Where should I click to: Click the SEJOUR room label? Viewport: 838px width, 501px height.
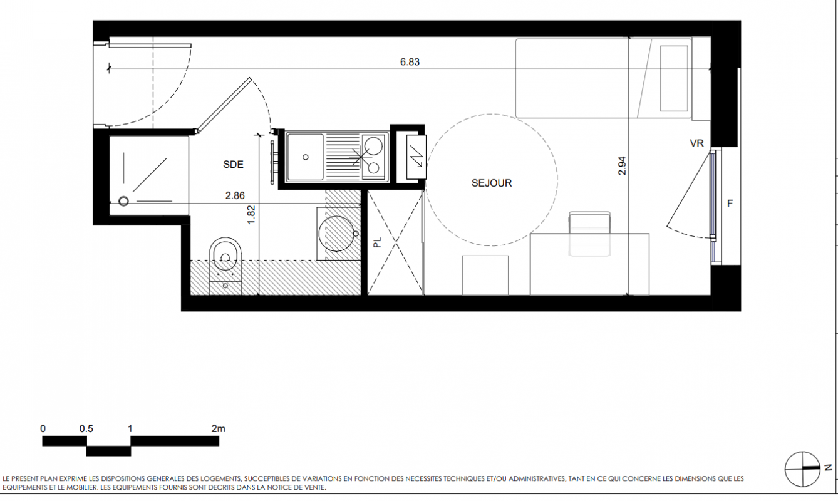click(492, 183)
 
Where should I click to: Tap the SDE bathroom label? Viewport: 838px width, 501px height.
click(233, 164)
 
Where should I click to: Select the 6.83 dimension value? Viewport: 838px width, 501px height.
click(410, 62)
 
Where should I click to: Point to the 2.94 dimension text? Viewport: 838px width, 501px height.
click(622, 166)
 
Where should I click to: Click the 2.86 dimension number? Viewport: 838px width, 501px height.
click(235, 195)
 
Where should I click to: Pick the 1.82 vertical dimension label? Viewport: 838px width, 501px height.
click(251, 215)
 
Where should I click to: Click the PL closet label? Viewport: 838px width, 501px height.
click(378, 242)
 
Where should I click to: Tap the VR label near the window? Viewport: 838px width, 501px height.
click(697, 143)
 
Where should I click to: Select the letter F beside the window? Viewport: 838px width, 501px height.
click(730, 204)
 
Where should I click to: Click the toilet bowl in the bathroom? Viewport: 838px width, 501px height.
click(225, 254)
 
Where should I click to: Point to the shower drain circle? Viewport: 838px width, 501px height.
click(123, 201)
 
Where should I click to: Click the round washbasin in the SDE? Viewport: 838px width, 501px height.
click(336, 234)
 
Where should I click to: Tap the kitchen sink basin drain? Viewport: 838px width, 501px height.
click(306, 157)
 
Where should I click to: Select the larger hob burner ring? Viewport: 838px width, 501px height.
click(373, 146)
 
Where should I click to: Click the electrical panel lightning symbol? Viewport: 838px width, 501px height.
click(416, 157)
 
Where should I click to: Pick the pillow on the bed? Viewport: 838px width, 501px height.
click(674, 78)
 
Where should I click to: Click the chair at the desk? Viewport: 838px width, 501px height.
click(589, 234)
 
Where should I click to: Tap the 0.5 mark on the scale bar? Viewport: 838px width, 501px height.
click(86, 429)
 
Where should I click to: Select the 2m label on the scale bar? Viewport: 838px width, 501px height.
click(219, 429)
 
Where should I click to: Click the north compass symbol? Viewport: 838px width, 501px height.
click(802, 469)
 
